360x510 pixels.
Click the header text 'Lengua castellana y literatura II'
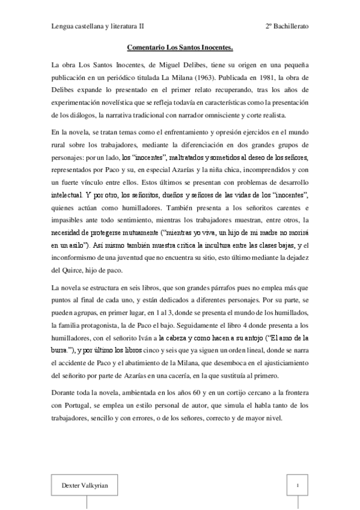click(x=97, y=27)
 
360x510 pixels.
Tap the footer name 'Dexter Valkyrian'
click(x=79, y=485)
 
